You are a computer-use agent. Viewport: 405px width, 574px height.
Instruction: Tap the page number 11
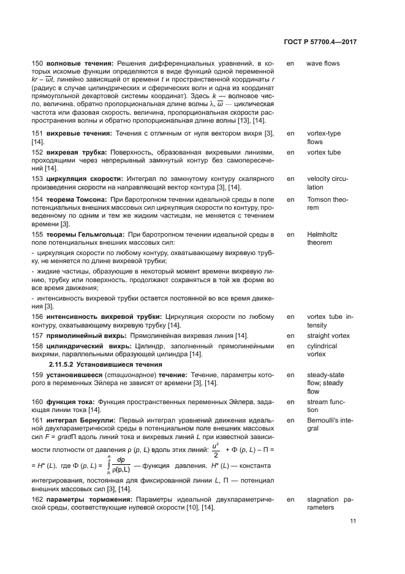(x=354, y=522)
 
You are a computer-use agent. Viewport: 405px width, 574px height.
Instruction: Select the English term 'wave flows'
(x=322, y=63)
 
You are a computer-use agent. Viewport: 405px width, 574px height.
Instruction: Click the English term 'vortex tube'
(x=324, y=152)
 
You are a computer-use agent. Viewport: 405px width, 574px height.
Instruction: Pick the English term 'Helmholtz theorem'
(x=322, y=239)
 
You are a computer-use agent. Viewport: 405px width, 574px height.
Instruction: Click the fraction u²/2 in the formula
(x=214, y=450)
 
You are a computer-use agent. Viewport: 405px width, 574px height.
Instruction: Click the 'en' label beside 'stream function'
(x=290, y=401)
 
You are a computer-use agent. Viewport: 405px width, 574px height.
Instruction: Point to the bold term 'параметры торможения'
(x=86, y=499)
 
